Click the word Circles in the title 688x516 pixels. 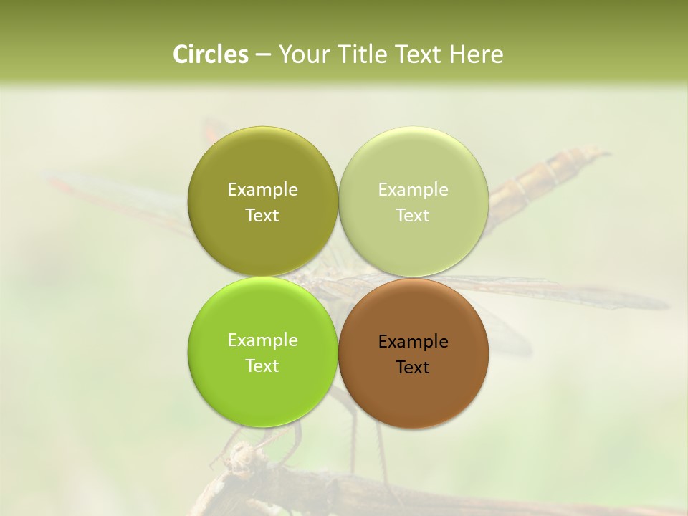[x=210, y=54]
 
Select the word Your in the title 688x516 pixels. [x=302, y=54]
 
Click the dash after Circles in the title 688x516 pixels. [x=263, y=55]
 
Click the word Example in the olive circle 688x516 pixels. [x=262, y=190]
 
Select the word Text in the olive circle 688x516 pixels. [x=262, y=216]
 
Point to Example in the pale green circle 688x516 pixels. [x=413, y=190]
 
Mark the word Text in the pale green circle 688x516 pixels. [x=413, y=216]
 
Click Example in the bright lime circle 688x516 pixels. [x=262, y=340]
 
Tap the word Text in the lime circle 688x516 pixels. [x=262, y=366]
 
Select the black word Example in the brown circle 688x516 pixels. [x=413, y=342]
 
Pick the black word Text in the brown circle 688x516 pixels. [x=413, y=368]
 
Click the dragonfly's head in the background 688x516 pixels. [x=244, y=454]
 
